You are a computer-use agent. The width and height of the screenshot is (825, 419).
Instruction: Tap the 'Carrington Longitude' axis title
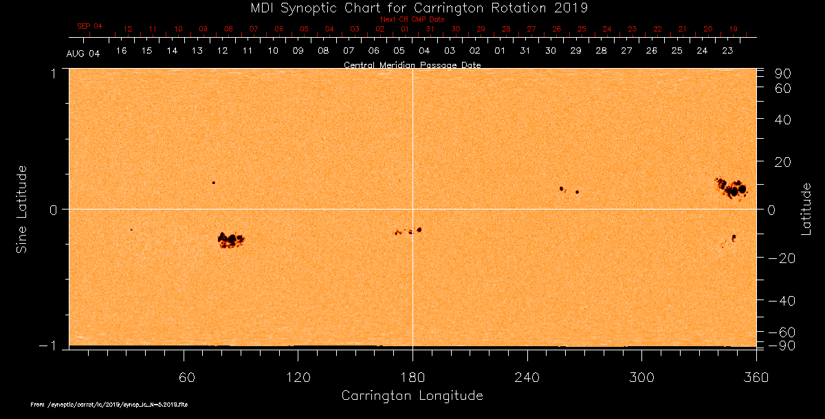(x=412, y=396)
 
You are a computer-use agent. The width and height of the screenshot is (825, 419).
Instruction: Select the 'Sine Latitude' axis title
(x=23, y=209)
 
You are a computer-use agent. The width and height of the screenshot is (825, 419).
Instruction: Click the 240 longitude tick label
(x=527, y=377)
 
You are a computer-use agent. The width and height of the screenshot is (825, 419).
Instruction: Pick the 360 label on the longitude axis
(x=756, y=377)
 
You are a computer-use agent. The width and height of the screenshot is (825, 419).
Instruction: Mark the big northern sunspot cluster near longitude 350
(x=731, y=188)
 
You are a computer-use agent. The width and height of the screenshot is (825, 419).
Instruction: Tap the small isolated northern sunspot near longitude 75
(x=214, y=183)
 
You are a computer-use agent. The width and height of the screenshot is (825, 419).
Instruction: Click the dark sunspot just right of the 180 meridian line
(x=419, y=229)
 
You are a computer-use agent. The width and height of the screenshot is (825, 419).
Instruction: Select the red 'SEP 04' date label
(x=89, y=26)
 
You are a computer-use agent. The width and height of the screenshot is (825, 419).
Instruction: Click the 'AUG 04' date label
(x=83, y=54)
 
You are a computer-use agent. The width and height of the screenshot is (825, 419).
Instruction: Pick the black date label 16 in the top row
(x=121, y=51)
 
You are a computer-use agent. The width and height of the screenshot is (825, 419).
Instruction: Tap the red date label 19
(x=734, y=30)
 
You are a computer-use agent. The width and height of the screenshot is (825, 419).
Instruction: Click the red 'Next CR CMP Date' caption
(x=412, y=20)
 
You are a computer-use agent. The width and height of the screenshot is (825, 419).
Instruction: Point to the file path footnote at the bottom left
(x=109, y=405)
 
